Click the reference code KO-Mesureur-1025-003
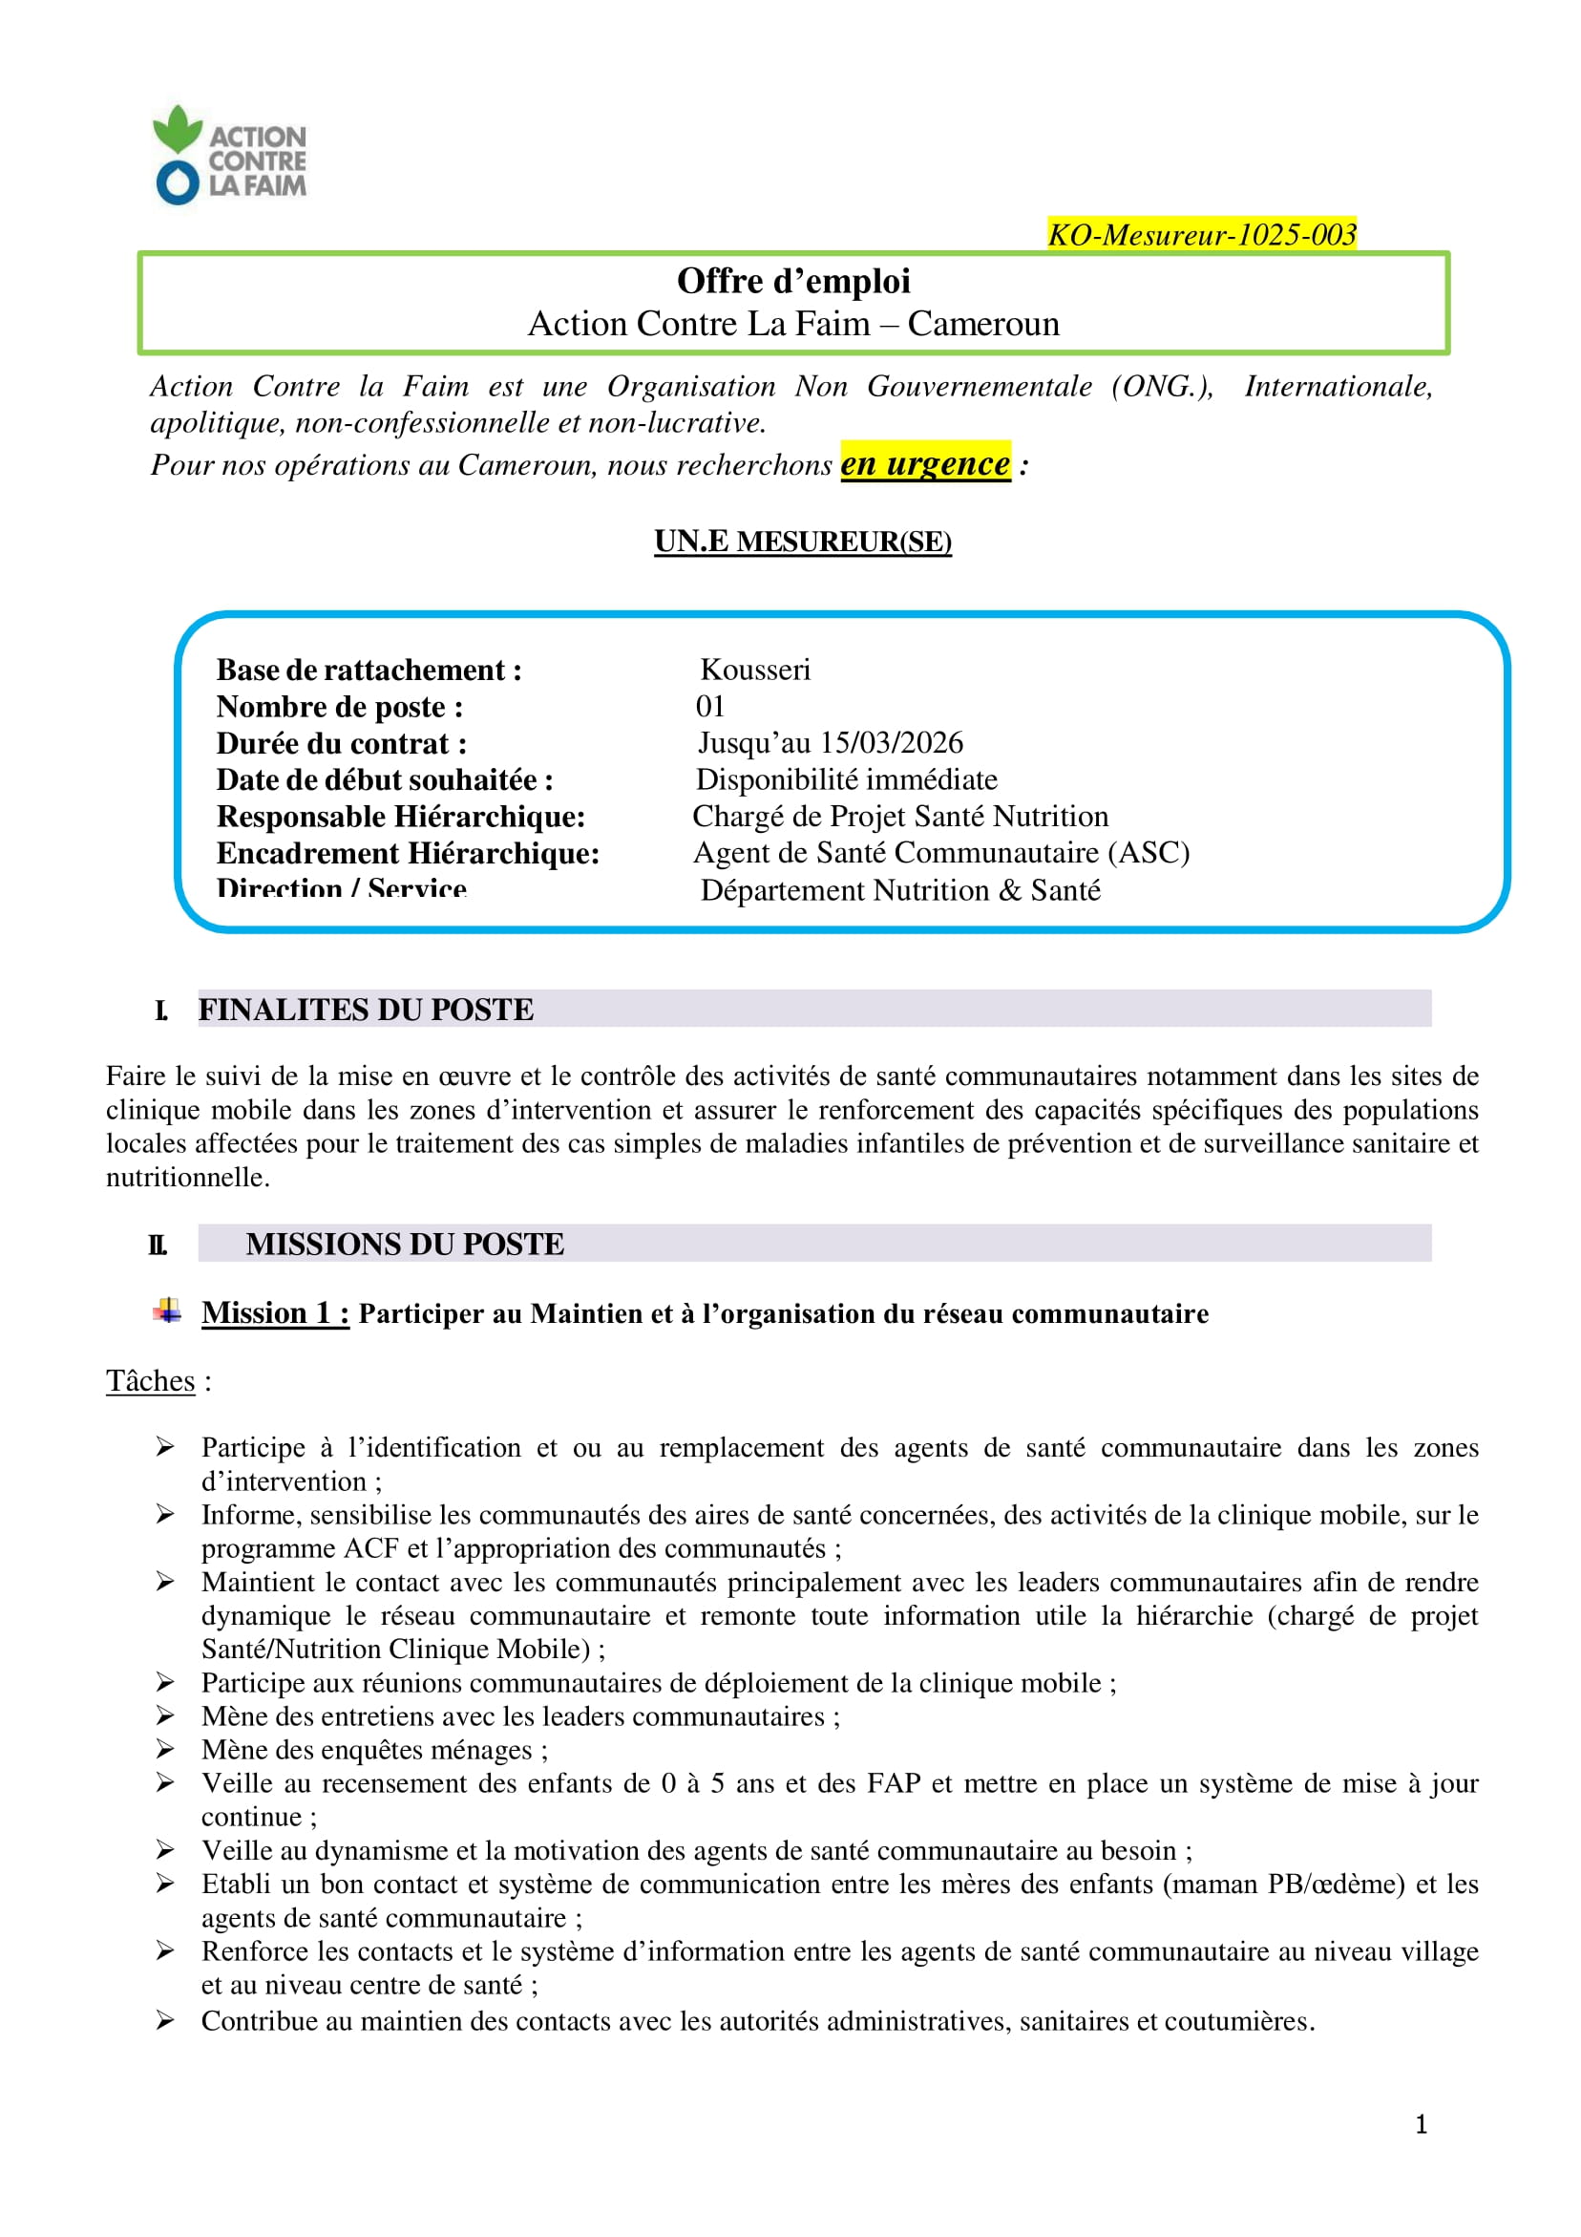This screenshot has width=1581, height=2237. click(x=1201, y=235)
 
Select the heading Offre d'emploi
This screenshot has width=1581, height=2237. click(x=793, y=282)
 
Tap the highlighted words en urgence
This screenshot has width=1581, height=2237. click(x=924, y=464)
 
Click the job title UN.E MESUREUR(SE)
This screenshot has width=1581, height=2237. click(x=802, y=541)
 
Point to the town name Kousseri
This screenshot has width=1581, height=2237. click(x=755, y=670)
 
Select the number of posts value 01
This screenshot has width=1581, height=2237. click(x=710, y=707)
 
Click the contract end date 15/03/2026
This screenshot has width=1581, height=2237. click(x=891, y=742)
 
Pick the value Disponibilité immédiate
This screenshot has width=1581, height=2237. click(x=846, y=779)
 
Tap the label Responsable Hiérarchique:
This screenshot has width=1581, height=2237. click(x=400, y=817)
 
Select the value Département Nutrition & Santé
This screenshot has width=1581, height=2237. click(x=899, y=889)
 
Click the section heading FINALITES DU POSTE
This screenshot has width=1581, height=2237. click(x=366, y=1010)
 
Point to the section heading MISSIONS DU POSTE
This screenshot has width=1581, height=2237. click(x=404, y=1245)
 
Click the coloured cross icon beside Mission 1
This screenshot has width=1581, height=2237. click(x=167, y=1311)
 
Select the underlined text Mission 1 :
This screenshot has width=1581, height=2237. click(x=275, y=1313)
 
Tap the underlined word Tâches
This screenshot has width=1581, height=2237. click(x=150, y=1380)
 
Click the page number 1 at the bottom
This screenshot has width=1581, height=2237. click(x=1421, y=2124)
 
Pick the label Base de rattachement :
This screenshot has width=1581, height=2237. click(x=369, y=671)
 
